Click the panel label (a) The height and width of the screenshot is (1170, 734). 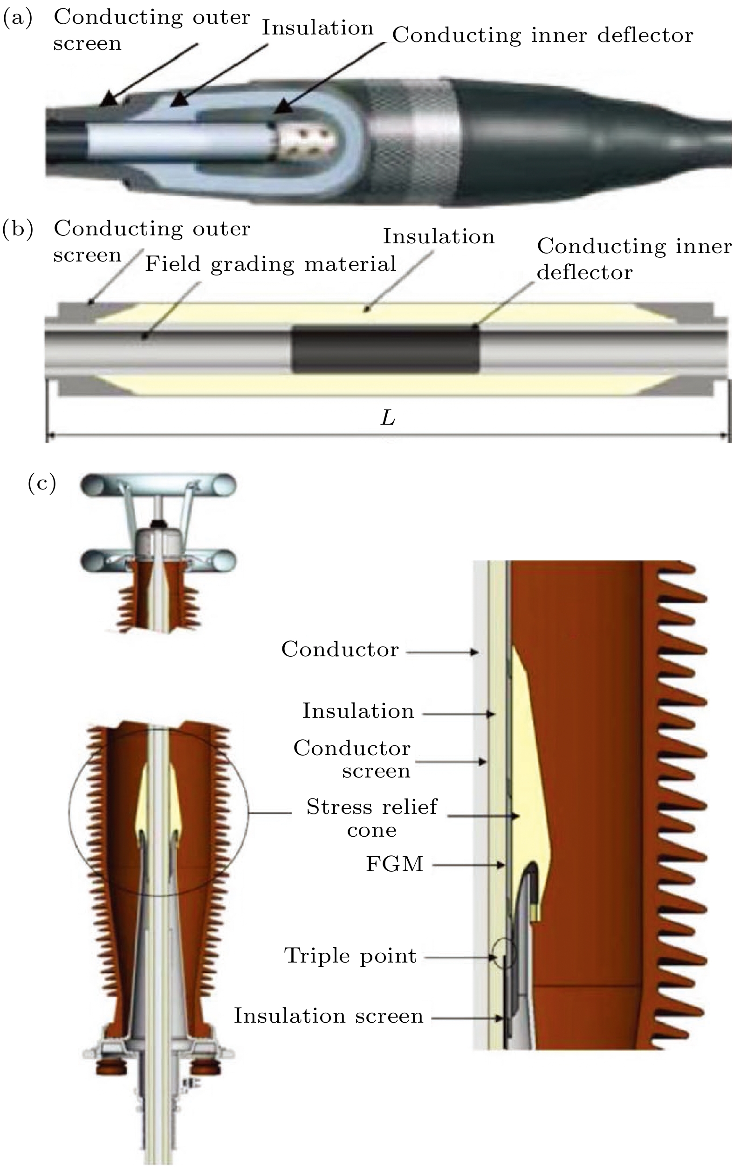tap(18, 18)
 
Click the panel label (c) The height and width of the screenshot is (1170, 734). tap(42, 484)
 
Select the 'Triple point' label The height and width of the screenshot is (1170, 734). tap(350, 956)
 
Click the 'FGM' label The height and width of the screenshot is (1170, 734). tap(394, 864)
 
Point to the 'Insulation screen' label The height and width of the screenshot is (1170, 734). tap(328, 1016)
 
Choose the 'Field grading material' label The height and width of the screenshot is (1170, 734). tap(270, 264)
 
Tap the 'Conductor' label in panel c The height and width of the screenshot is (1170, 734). tap(340, 649)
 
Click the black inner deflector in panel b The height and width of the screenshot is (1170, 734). tap(385, 349)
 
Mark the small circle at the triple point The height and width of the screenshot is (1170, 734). tap(504, 953)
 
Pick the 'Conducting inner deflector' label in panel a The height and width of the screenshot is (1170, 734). tap(542, 35)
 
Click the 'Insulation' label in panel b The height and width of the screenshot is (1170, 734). tap(439, 236)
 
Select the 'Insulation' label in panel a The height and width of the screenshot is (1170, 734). tap(317, 28)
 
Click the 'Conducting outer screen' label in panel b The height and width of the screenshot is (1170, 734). tap(151, 241)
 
